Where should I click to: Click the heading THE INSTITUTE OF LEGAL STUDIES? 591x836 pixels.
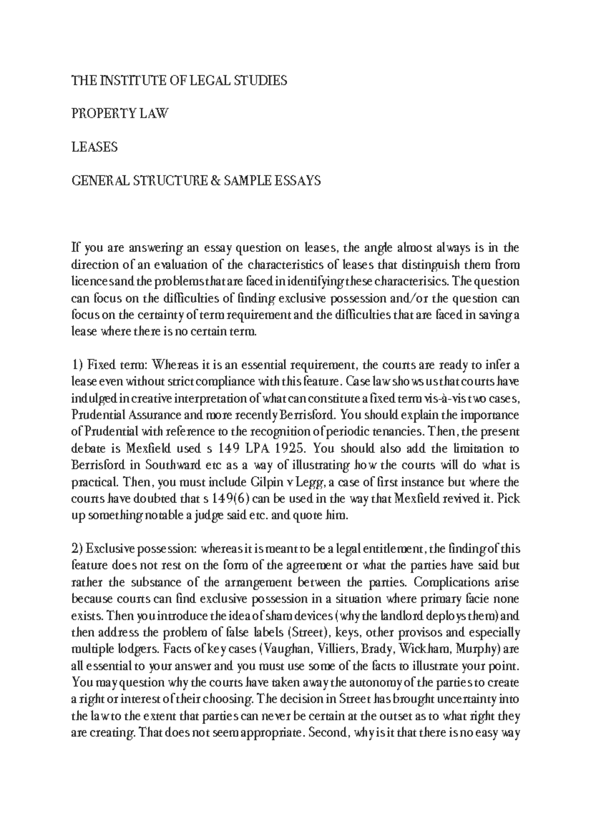click(179, 81)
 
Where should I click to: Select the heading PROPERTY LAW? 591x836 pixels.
click(120, 114)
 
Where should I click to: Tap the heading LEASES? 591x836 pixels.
click(95, 147)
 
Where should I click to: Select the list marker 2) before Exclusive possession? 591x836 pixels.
click(79, 549)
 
